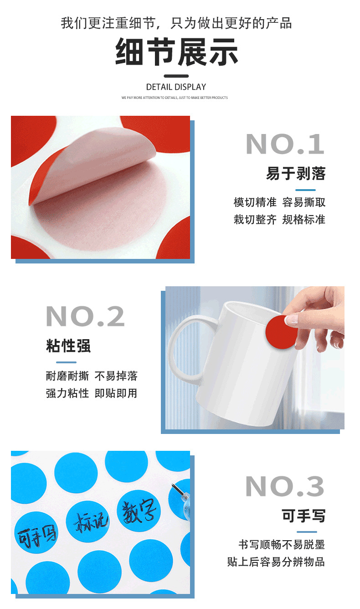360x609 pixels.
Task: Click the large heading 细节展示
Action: click(176, 52)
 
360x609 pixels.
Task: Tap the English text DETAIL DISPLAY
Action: click(176, 87)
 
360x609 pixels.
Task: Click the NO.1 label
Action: click(285, 145)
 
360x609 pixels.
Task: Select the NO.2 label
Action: click(85, 316)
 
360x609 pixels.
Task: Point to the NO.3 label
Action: click(285, 486)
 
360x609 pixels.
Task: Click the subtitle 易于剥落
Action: click(296, 174)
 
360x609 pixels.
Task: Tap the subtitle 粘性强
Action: click(68, 346)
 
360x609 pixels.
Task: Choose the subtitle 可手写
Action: click(303, 516)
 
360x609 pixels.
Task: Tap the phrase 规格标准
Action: click(303, 219)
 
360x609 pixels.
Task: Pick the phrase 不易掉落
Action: click(116, 376)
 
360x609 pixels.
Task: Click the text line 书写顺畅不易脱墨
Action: click(282, 544)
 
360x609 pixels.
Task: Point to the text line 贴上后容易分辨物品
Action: click(276, 562)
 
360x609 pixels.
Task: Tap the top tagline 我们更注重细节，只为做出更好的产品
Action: click(176, 23)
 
